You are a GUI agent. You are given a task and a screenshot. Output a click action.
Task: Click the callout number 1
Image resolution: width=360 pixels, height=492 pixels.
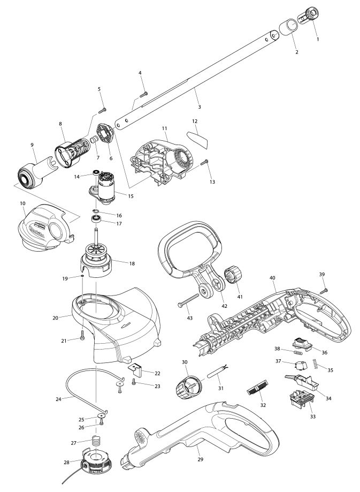(x=318, y=40)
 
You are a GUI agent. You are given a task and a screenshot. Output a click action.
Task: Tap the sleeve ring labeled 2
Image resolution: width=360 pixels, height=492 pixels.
(x=288, y=27)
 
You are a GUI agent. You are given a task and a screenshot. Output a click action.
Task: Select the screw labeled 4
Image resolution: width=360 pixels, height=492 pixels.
(x=144, y=94)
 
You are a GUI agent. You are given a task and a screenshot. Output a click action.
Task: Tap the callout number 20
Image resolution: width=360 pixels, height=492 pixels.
(x=56, y=318)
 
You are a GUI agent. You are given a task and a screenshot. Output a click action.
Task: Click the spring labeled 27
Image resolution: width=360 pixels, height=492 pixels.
(x=97, y=442)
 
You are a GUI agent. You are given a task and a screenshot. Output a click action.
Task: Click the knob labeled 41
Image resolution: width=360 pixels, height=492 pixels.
(x=233, y=275)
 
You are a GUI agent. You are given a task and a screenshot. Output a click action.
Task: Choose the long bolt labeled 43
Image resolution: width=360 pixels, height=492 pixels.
(x=188, y=300)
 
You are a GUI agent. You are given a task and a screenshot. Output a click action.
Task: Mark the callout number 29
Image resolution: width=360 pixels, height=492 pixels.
(x=201, y=459)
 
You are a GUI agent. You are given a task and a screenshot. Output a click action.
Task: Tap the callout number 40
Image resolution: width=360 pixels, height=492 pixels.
(x=272, y=278)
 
